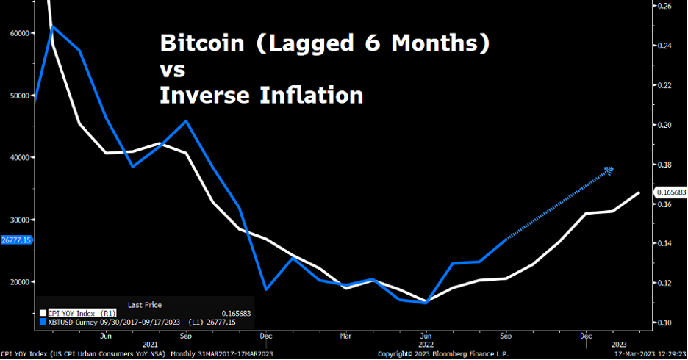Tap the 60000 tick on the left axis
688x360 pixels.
18,33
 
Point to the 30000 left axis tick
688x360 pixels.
18,220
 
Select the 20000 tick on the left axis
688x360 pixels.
18,282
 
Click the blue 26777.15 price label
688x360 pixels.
17,240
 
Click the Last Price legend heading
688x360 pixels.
145,304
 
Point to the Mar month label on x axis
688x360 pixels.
345,336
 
